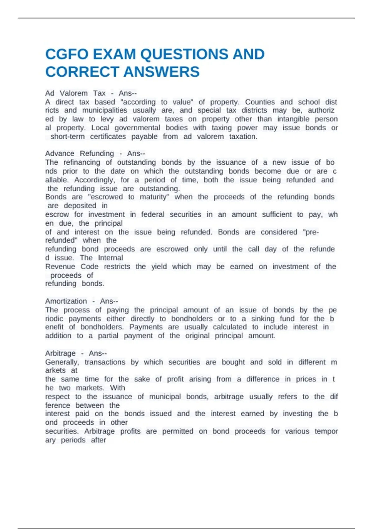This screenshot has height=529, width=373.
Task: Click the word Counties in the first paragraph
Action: pos(260,102)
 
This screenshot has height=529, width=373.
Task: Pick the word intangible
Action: pos(293,119)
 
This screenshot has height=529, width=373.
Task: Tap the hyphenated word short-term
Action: pos(67,137)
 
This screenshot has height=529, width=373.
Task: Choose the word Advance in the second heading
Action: pos(60,153)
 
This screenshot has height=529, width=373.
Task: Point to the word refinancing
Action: pos(82,162)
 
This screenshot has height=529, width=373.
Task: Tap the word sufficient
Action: pos(277,214)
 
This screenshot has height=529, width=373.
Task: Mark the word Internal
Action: pos(110,258)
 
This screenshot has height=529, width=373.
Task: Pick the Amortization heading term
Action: pos(66,301)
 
